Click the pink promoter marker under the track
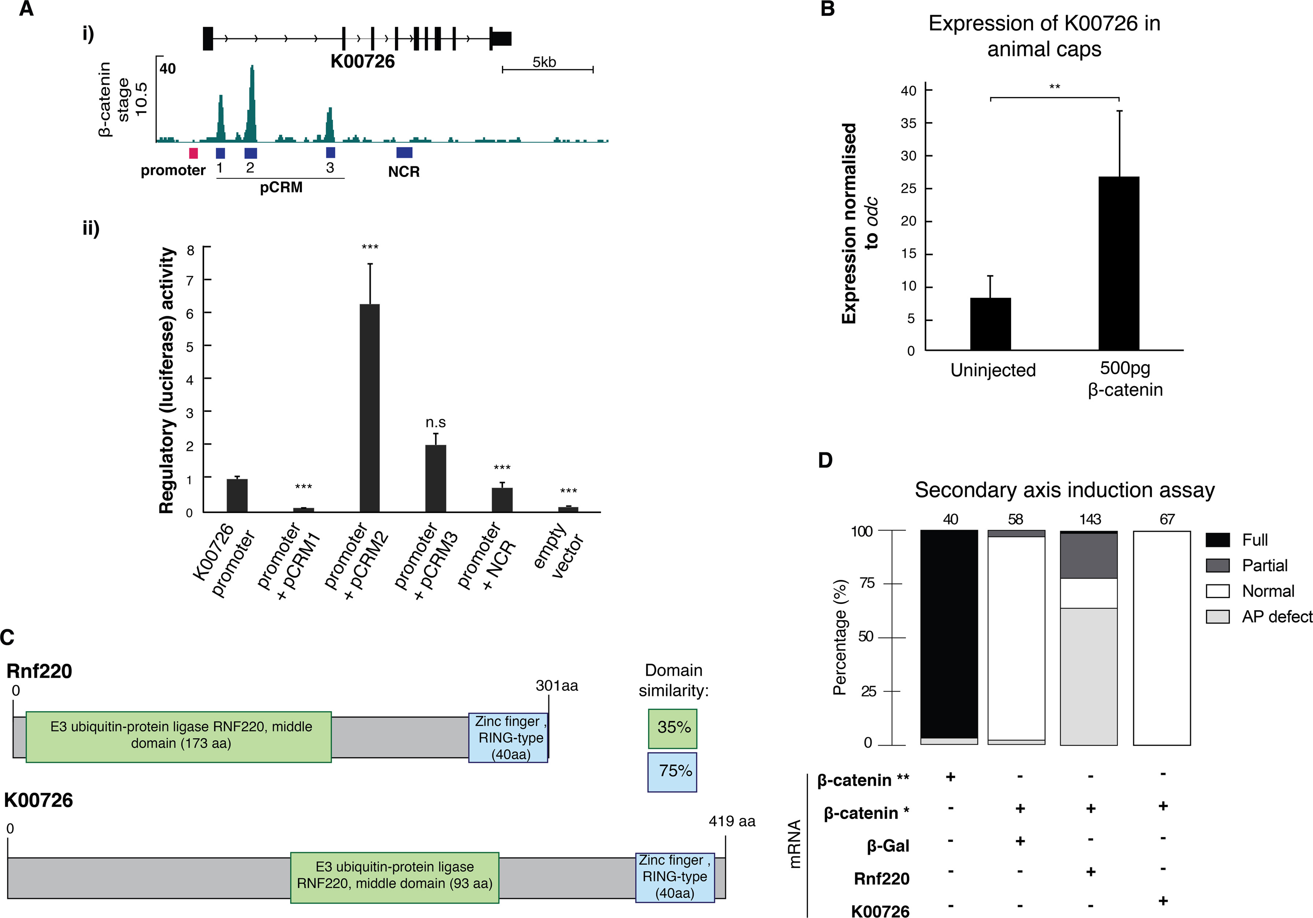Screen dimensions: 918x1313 point(193,153)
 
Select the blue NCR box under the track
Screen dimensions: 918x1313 point(404,152)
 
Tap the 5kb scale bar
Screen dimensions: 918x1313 point(547,70)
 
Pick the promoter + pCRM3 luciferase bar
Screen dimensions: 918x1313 point(435,478)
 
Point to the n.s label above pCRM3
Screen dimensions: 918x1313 point(435,423)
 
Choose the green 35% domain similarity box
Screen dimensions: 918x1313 point(672,729)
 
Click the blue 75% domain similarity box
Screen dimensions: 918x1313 point(672,771)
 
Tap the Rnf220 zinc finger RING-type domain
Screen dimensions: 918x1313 point(508,737)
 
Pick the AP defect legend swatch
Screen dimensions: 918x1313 point(1217,616)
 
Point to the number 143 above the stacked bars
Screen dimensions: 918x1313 point(1090,519)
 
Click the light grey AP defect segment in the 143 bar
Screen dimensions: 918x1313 point(1089,676)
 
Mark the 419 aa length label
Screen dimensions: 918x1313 point(731,821)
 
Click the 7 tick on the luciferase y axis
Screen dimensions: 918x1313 point(191,280)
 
